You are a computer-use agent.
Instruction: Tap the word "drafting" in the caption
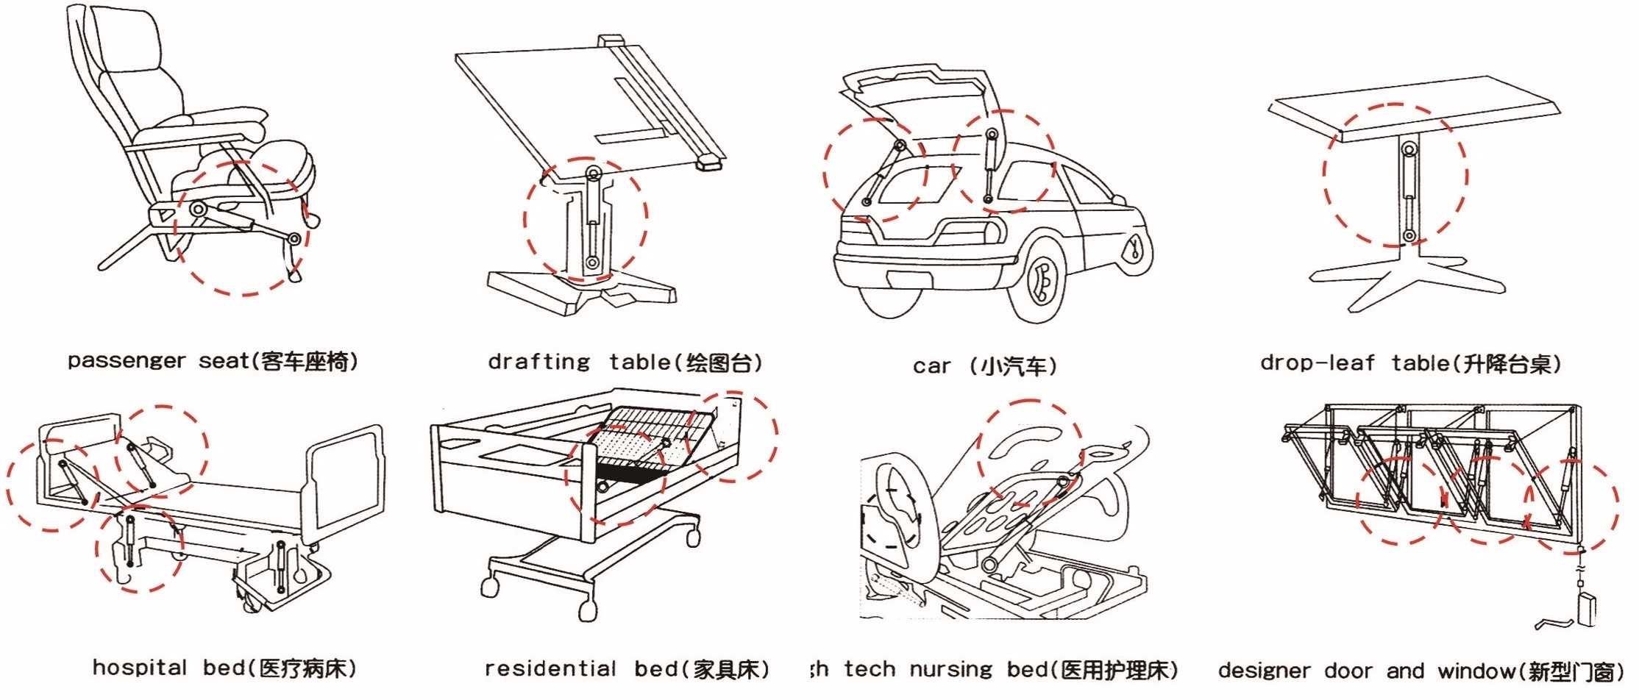pyautogui.click(x=538, y=362)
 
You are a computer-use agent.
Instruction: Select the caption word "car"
pyautogui.click(x=931, y=366)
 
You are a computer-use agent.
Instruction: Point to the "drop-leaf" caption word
pyautogui.click(x=1316, y=362)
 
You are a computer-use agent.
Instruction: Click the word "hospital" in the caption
pyautogui.click(x=139, y=668)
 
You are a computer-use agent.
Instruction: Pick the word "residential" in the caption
pyautogui.click(x=550, y=668)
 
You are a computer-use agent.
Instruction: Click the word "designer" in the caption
pyautogui.click(x=1264, y=671)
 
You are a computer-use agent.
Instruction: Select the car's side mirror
pyautogui.click(x=1118, y=199)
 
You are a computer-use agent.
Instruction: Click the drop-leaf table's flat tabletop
pyautogui.click(x=1412, y=110)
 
